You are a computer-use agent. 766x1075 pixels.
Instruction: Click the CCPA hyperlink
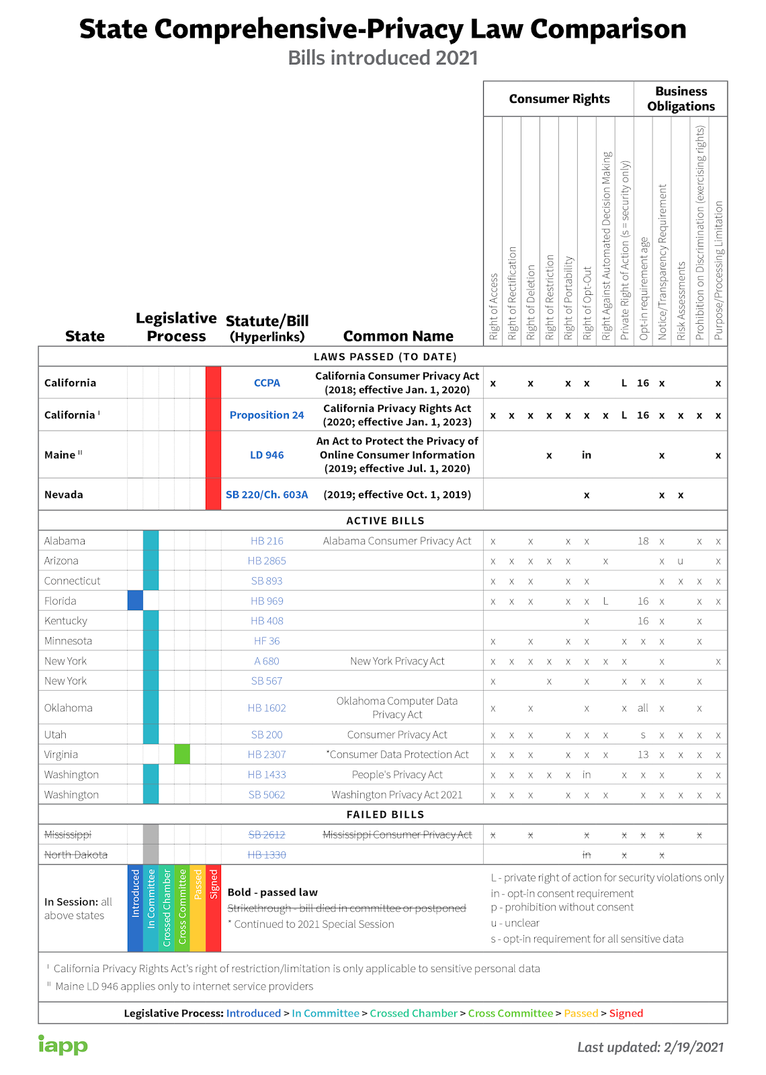(267, 383)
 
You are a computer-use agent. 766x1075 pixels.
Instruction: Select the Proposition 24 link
(267, 415)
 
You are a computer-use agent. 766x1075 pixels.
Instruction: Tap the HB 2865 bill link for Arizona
(267, 561)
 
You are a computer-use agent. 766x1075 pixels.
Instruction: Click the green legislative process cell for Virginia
(182, 755)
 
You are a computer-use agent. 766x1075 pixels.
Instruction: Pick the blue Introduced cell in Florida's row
(135, 601)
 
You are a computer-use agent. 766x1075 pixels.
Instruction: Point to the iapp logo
(62, 1045)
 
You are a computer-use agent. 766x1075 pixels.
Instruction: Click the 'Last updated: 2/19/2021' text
(650, 1047)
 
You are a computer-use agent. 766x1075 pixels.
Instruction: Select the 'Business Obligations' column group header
(681, 99)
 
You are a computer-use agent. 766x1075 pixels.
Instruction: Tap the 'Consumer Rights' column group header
(559, 99)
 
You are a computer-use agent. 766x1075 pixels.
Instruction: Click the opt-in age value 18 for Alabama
(643, 541)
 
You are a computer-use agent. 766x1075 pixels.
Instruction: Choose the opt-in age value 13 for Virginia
(643, 755)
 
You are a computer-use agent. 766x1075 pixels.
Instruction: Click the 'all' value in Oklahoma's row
(643, 707)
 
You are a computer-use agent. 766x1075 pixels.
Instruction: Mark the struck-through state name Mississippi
(67, 834)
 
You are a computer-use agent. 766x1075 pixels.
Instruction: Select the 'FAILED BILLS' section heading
(385, 814)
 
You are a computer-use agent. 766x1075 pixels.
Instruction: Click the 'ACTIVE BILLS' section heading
(385, 521)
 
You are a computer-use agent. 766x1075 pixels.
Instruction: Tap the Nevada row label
(64, 494)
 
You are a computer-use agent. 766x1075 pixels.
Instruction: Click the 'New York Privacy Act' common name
(397, 661)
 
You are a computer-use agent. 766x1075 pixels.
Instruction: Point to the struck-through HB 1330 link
(267, 855)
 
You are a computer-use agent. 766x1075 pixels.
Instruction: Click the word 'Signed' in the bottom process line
(626, 1013)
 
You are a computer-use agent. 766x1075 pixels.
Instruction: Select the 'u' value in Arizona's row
(681, 561)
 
